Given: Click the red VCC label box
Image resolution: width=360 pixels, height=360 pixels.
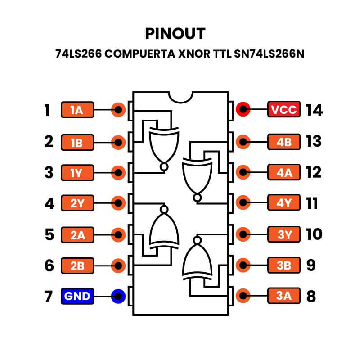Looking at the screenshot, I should tap(284, 110).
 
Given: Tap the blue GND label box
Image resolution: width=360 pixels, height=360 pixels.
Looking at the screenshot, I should tap(77, 297).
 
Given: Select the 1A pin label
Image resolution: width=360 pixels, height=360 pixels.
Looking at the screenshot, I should tap(77, 110).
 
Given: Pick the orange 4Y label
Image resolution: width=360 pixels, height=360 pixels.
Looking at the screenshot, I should tap(284, 203).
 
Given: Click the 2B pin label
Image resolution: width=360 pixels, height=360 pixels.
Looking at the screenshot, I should tap(77, 265).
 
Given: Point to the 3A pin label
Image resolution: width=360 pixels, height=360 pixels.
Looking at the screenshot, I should tap(284, 297).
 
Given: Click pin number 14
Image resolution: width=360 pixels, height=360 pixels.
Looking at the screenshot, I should tap(314, 110).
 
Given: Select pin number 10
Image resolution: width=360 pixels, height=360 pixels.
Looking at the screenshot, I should tap(314, 234).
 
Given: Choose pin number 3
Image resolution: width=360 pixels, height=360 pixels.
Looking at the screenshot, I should tap(49, 172).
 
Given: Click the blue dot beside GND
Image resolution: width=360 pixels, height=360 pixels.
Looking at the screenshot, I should tap(118, 297).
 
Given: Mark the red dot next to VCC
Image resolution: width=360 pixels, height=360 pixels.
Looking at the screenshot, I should tap(243, 110).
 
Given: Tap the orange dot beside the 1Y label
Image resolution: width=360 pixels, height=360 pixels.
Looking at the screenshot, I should tap(118, 172).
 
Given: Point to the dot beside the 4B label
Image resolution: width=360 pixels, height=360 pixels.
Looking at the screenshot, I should tap(243, 141).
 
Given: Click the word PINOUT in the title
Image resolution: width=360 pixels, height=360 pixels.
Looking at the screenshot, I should tap(175, 34).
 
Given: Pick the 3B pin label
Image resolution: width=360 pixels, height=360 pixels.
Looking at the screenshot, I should tap(284, 265).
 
